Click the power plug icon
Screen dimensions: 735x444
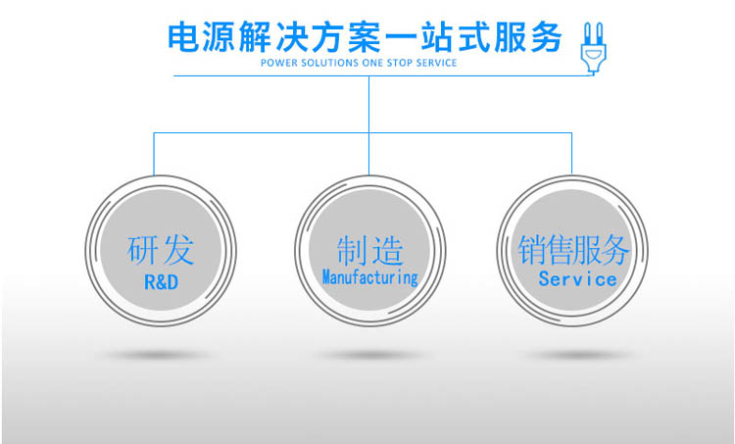593,48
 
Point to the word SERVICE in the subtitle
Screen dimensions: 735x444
436,63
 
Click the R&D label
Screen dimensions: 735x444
162,282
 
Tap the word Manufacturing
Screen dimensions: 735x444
369,277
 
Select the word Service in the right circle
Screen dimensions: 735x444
577,279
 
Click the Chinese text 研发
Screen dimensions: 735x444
161,249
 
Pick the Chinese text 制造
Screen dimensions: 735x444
369,250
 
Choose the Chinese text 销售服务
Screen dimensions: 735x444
573,249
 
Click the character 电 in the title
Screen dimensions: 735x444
183,37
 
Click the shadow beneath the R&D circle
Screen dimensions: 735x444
157,355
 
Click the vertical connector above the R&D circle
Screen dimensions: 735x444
154,154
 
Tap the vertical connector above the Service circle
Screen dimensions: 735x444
571,154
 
